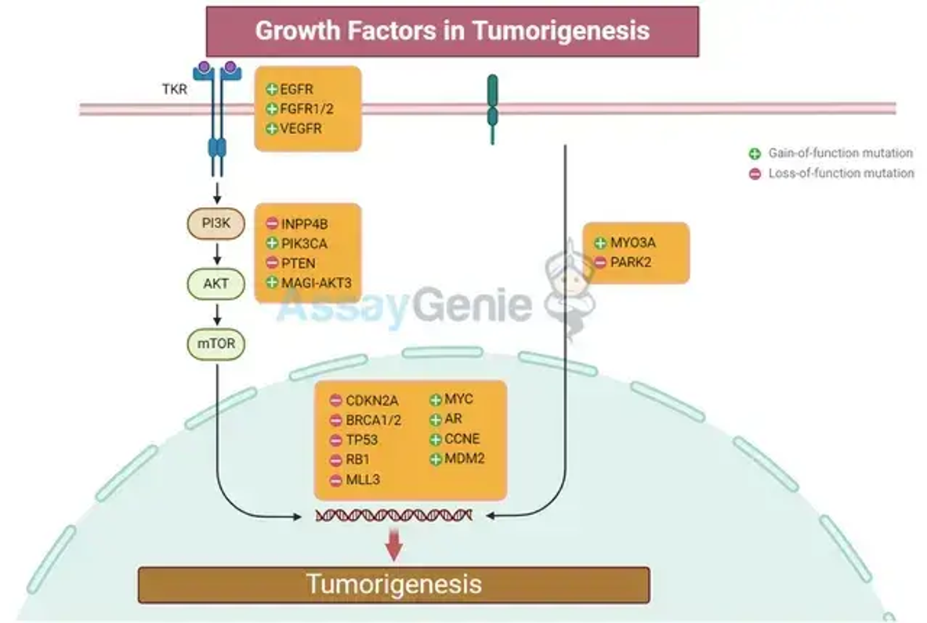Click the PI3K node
coord(215,223)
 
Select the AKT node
coord(215,284)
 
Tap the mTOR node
coord(215,344)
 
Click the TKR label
coord(175,89)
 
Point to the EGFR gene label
coord(296,89)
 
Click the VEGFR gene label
coord(301,129)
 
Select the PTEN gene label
coord(298,263)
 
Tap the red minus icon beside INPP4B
coord(272,223)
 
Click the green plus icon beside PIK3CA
coord(272,243)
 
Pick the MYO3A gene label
coord(632,242)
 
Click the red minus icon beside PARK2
coord(600,263)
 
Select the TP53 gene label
coord(362,440)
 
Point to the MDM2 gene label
coord(465,458)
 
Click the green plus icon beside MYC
coord(436,400)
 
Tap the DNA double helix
coord(393,516)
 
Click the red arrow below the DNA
coord(393,544)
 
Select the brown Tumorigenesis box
coord(393,585)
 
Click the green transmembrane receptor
coord(492,110)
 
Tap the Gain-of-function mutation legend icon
coord(755,154)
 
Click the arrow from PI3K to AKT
coord(217,253)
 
